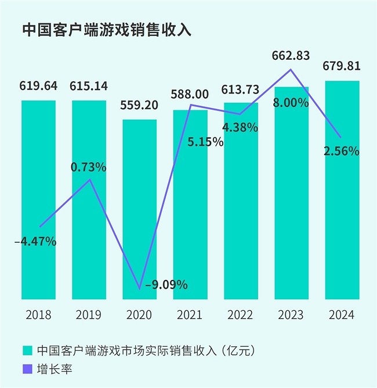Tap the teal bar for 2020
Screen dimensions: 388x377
(x=140, y=209)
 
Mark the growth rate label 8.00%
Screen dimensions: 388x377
(x=291, y=103)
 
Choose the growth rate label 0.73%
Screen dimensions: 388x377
(x=88, y=167)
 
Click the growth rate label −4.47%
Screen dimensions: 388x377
(x=35, y=241)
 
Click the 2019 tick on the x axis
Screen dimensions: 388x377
(x=88, y=315)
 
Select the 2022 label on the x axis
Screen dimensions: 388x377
(x=240, y=315)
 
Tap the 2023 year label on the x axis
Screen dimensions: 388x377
(x=291, y=315)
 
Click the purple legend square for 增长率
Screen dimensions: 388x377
(x=27, y=368)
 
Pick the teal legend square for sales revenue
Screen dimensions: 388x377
(x=27, y=351)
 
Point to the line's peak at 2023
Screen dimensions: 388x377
(x=291, y=70)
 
